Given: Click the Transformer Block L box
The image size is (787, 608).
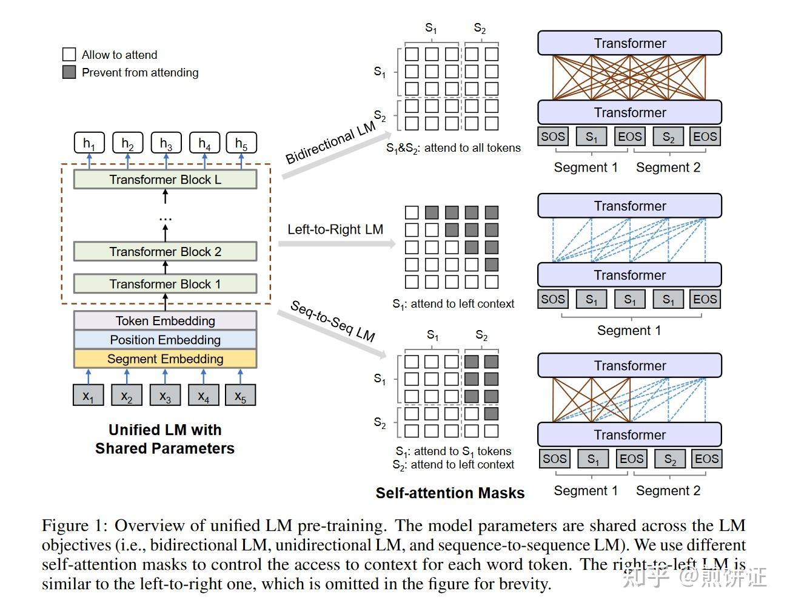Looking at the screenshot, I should point(165,180).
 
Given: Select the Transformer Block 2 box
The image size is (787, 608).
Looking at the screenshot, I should point(165,252).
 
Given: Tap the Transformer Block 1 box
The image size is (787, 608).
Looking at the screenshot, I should point(165,284).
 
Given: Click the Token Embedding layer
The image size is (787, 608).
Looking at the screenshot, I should point(165,321).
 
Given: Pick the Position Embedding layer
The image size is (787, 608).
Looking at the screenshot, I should point(165,340).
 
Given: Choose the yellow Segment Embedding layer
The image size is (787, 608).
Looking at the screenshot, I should point(165,359).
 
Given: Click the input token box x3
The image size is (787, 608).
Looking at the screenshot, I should point(165,396).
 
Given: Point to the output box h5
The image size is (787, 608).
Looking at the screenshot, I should point(241,144).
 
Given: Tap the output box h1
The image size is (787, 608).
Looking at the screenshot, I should point(89,144).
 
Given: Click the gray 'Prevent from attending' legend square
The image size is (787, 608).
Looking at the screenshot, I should point(69,72).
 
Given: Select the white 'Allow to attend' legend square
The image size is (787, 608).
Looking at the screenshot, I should point(69,55).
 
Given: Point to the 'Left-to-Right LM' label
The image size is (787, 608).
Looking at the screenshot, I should point(335,229).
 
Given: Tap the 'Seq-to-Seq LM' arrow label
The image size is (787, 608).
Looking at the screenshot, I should point(332,321).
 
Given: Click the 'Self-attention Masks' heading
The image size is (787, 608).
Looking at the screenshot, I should point(450,493).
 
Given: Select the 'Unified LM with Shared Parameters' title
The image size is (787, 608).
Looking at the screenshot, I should point(165,439).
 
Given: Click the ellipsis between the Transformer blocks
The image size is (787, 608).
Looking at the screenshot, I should point(165,218).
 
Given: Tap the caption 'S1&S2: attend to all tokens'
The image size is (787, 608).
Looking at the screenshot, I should point(454,148).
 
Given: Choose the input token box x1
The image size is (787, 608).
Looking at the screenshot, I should point(89,396).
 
